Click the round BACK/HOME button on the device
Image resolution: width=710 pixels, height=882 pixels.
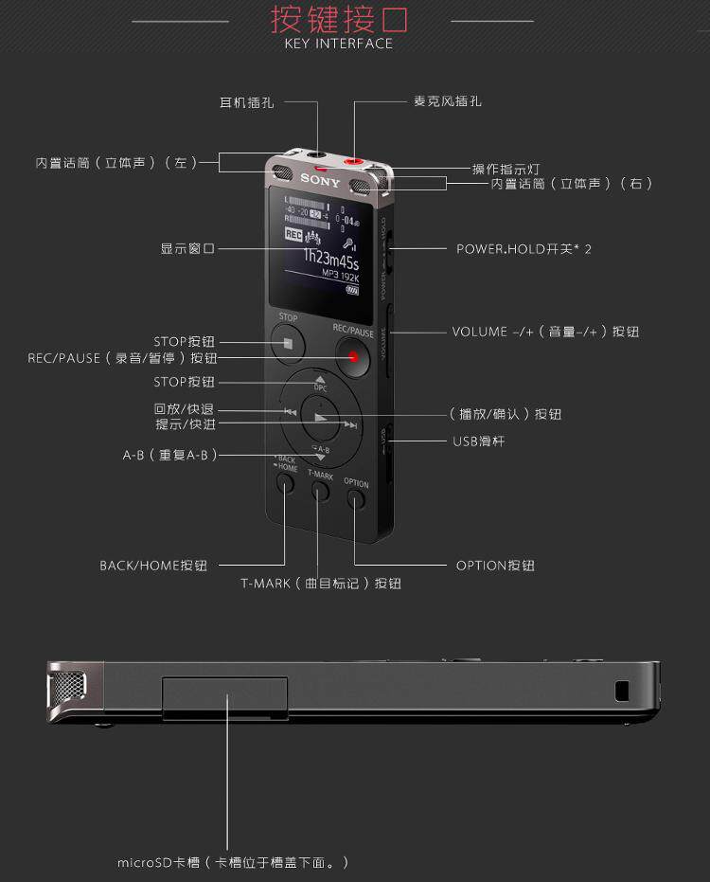pos(285,482)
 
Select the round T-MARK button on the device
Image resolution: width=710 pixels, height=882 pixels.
pos(320,489)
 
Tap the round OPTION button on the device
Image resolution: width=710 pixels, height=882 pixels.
pos(356,496)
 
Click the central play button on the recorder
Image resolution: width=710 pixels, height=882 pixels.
pos(321,420)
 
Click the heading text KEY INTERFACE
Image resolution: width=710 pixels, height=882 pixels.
pos(338,44)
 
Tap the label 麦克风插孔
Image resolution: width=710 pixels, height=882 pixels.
pos(448,101)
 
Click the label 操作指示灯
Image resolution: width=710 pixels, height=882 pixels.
pos(506,169)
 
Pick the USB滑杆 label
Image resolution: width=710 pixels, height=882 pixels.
pos(483,441)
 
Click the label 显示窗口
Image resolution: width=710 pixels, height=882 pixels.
pos(187,249)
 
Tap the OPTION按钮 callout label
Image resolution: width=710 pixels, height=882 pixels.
pos(495,566)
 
